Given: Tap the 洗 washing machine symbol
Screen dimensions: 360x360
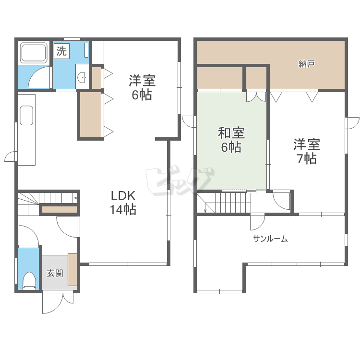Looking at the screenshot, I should point(61,51).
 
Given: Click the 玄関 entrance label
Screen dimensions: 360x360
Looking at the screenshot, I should point(54,274).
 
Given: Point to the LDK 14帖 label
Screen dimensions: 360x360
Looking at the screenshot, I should point(123,203).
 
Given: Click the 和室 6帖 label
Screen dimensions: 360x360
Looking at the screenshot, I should point(231,139).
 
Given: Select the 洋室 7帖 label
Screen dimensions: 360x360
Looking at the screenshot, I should point(307,151).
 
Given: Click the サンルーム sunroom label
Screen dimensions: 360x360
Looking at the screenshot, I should point(270,239).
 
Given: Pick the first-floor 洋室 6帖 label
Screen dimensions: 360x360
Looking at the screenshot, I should point(142,87).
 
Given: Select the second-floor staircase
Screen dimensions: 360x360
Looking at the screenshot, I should point(226,202).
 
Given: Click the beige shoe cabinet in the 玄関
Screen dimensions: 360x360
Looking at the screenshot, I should point(72,270).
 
